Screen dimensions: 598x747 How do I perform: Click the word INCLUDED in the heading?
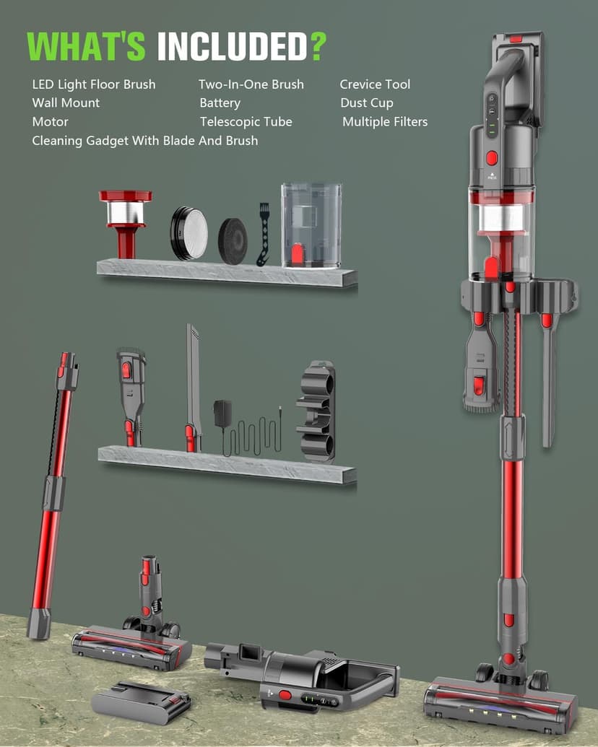(233, 47)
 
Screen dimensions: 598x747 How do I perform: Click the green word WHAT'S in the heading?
(87, 46)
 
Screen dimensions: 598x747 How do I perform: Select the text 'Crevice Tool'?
(375, 84)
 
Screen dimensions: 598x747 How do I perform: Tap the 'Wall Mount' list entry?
(66, 103)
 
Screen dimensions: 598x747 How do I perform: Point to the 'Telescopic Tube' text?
(246, 122)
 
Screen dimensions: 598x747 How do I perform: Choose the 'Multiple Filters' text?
(385, 122)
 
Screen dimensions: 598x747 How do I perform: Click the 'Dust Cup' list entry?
(367, 103)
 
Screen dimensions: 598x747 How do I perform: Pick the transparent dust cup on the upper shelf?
(311, 225)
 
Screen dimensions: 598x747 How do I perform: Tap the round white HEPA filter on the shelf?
(189, 233)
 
